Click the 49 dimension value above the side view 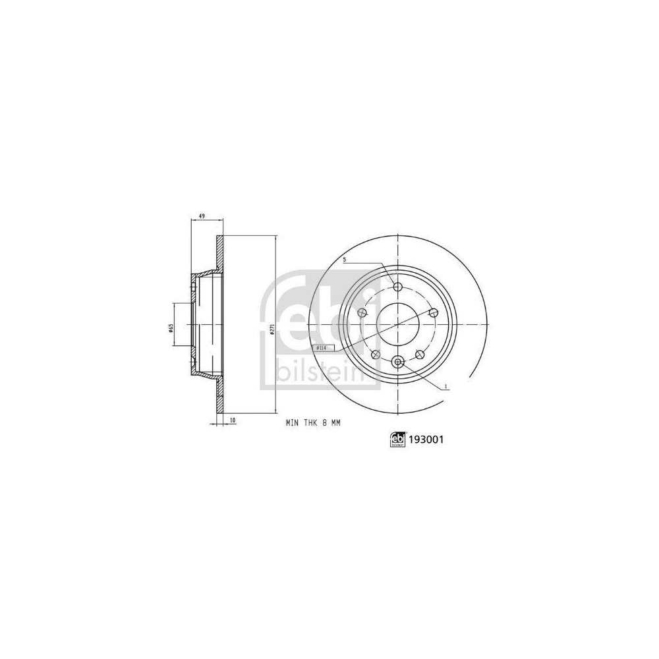point(202,216)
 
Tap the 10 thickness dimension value point(232,419)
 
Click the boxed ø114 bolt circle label point(322,347)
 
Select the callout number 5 point(344,260)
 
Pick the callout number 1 point(446,386)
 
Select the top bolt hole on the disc point(397,287)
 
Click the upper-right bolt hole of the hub point(433,313)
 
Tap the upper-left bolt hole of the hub point(362,313)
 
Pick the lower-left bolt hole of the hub point(376,355)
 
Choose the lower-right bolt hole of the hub point(419,355)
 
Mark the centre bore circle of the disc point(397,324)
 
